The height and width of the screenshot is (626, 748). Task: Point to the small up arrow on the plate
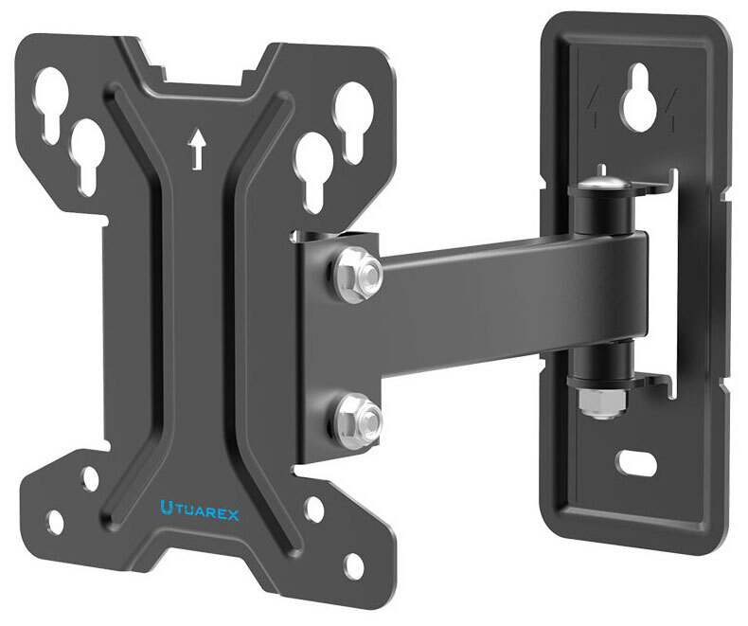tap(197, 149)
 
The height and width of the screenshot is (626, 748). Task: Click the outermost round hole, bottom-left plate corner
tap(55, 520)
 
